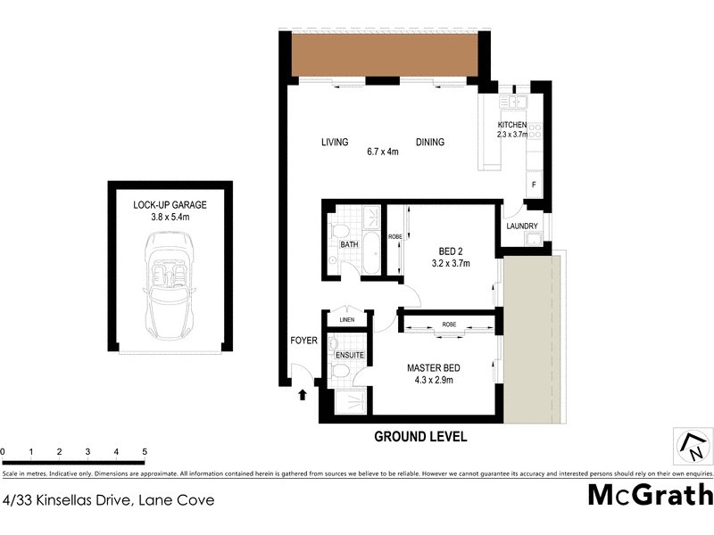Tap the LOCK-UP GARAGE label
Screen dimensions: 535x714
point(169,203)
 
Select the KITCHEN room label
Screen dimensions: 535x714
point(512,125)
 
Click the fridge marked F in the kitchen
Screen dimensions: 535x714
point(534,185)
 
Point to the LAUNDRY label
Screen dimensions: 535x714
point(521,226)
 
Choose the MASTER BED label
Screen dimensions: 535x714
point(434,368)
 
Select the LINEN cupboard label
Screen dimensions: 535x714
point(346,320)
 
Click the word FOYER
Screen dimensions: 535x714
point(303,341)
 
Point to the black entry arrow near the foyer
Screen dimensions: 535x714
point(303,392)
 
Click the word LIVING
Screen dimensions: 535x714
point(334,143)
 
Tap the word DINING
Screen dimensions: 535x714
point(429,143)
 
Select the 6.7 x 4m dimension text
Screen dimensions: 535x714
point(382,152)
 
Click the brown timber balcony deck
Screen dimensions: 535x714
point(388,55)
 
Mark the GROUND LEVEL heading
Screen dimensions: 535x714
point(419,437)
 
